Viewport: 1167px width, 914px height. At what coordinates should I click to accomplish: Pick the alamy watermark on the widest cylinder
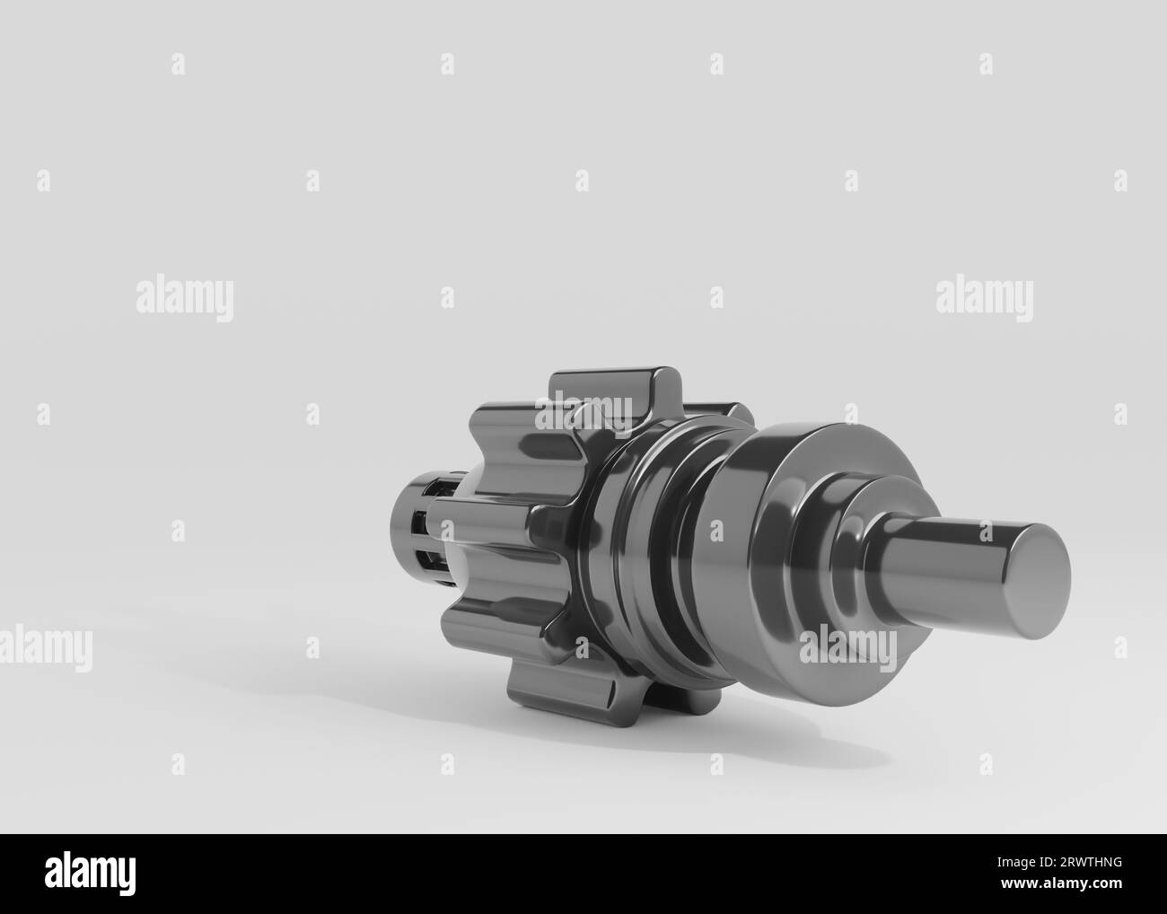tap(847, 647)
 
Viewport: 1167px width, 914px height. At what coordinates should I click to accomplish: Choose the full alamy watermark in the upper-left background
tap(185, 299)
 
